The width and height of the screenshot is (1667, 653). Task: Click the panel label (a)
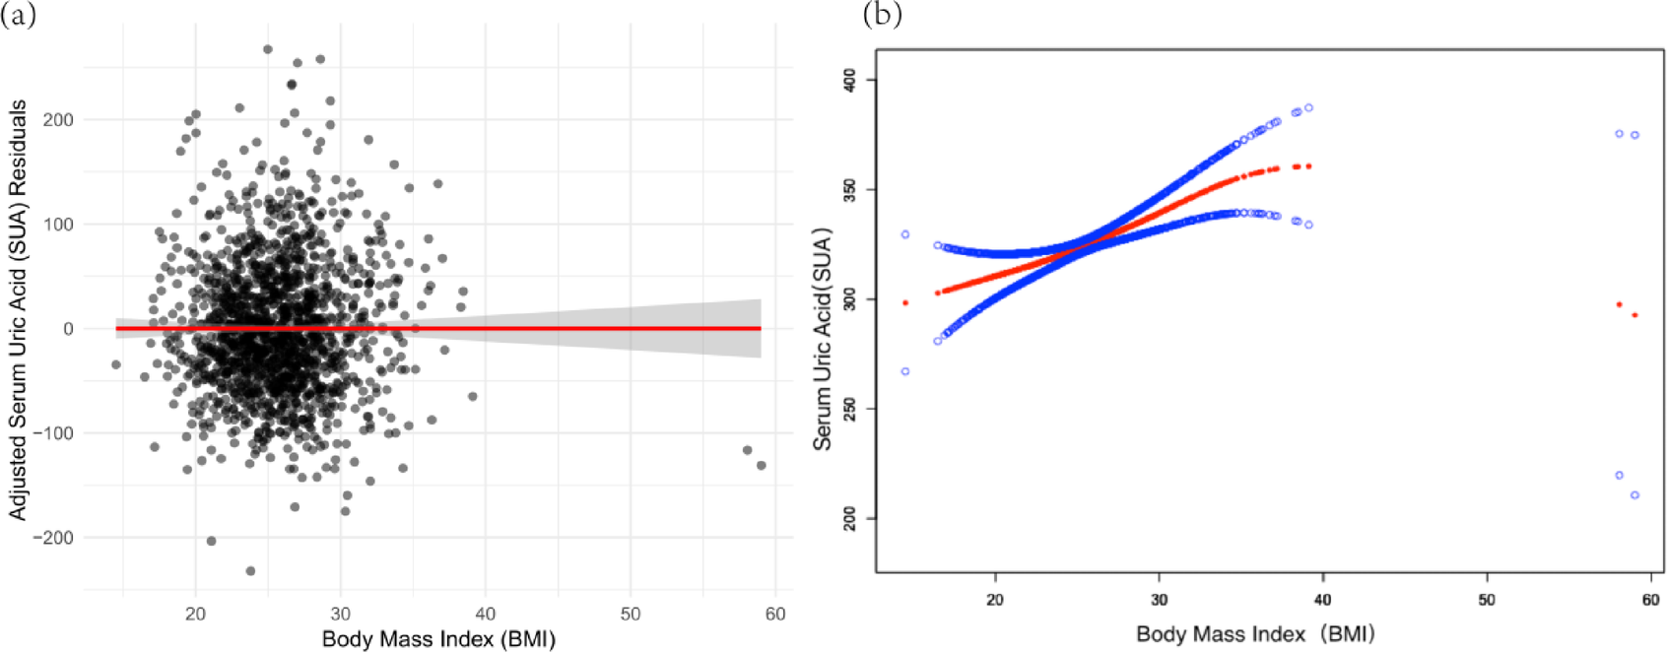tap(19, 15)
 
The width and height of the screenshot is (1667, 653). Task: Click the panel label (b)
tap(882, 15)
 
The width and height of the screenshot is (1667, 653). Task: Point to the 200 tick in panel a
tap(57, 120)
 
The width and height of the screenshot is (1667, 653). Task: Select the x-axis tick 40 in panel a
tap(485, 614)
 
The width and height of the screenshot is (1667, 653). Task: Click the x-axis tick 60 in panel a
tap(775, 614)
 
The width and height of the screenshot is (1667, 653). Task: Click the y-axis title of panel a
tap(18, 310)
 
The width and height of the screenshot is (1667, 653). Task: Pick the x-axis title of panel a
tap(438, 639)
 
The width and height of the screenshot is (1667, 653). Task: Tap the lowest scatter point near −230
tap(250, 571)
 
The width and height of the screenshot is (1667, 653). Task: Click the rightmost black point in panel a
tap(761, 465)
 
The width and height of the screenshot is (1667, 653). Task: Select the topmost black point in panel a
tap(268, 49)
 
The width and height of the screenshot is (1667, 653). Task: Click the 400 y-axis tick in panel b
tap(849, 81)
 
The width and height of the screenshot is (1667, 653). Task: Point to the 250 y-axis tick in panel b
tap(849, 409)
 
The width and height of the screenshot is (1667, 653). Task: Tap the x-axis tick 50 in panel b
tap(1486, 599)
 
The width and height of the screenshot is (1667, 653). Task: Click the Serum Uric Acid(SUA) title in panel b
tap(823, 340)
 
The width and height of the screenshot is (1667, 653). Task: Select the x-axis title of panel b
tap(1254, 633)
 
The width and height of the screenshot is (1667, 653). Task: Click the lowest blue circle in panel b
tap(1634, 495)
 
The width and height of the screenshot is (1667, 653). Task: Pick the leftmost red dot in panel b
tap(905, 302)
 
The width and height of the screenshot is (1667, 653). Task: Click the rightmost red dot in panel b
tap(1634, 315)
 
